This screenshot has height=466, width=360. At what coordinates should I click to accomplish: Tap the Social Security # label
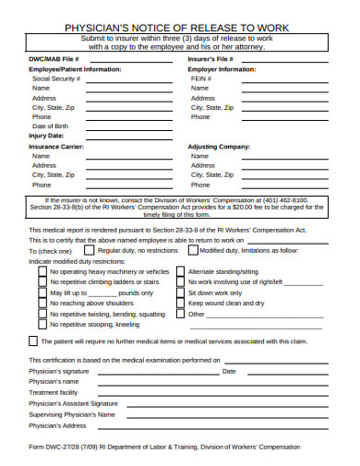pyautogui.click(x=56, y=78)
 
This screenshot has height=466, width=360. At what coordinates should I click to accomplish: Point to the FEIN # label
pyautogui.click(x=201, y=78)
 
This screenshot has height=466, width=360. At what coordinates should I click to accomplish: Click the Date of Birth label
pyautogui.click(x=50, y=126)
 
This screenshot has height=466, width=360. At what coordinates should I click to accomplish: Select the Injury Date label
pyautogui.click(x=46, y=137)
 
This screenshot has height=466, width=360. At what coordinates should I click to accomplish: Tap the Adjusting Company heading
pyautogui.click(x=219, y=147)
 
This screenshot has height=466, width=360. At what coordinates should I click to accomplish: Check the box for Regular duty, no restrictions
pyautogui.click(x=88, y=249)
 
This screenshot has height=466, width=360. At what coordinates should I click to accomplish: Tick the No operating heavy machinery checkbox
pyautogui.click(x=42, y=272)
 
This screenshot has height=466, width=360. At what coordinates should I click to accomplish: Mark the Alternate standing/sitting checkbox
pyautogui.click(x=179, y=272)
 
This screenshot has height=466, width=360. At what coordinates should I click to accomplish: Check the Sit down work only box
pyautogui.click(x=179, y=293)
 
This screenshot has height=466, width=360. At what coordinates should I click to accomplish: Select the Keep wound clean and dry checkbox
pyautogui.click(x=179, y=303)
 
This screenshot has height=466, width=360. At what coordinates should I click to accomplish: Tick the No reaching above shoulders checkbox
pyautogui.click(x=42, y=303)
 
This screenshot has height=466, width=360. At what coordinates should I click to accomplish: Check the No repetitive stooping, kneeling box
pyautogui.click(x=42, y=324)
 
